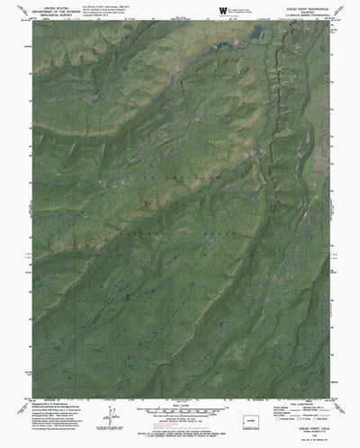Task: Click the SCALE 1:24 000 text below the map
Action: pos(181,402)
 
